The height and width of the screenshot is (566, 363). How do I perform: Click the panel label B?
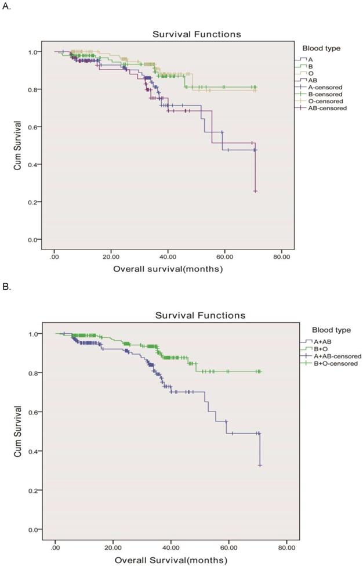(6, 286)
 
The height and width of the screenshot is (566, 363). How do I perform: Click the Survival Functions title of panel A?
(197, 34)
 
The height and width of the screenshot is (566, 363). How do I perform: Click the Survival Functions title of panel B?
(200, 315)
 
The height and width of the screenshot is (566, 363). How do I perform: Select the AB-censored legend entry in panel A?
(328, 107)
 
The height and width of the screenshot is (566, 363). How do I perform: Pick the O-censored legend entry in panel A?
(326, 100)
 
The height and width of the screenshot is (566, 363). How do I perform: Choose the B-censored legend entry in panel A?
(326, 93)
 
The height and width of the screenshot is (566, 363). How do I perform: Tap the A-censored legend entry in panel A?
(326, 86)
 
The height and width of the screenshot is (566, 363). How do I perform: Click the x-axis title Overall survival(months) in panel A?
(168, 269)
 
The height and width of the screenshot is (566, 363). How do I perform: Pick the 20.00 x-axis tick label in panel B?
(113, 546)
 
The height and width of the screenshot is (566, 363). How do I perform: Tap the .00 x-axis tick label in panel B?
(56, 546)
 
